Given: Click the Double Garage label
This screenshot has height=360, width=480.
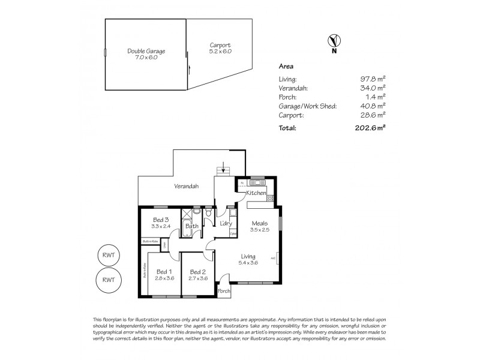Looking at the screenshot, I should [146, 51].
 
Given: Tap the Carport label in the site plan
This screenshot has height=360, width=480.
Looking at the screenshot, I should [220, 45].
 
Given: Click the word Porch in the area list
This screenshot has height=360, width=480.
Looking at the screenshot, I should [287, 97].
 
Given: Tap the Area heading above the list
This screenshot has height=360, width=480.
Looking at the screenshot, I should [286, 68].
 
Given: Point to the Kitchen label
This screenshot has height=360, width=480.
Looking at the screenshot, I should [256, 193].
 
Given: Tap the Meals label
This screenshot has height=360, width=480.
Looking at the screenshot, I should [260, 223].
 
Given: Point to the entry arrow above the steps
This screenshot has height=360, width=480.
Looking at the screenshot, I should [224, 165].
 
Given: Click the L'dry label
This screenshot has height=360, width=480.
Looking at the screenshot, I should [226, 224].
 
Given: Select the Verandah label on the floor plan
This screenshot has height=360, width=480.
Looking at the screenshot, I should [186, 186].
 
